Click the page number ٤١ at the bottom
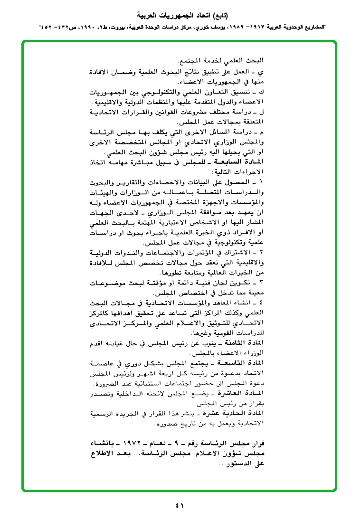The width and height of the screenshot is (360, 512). click(x=180, y=504)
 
